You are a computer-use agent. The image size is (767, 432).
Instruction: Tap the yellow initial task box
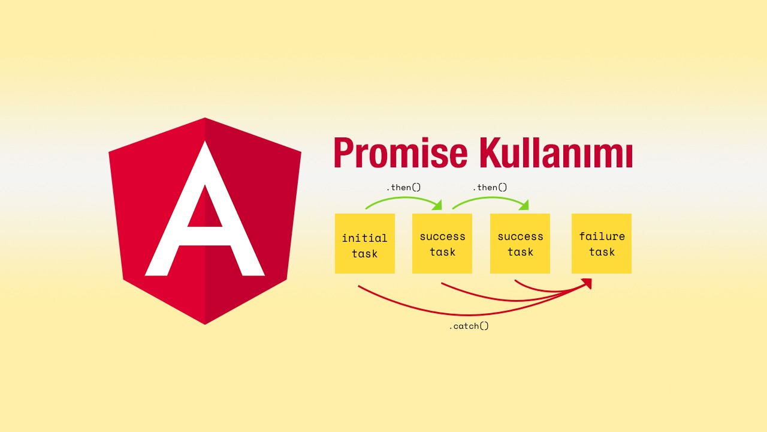tap(365, 244)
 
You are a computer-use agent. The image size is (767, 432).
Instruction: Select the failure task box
tap(602, 244)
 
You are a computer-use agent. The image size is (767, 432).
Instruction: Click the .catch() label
tap(469, 326)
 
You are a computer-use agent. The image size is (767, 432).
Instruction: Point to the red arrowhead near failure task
tap(587, 284)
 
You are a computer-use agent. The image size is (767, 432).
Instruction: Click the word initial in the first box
tap(365, 238)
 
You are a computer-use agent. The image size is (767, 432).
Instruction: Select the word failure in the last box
tap(602, 236)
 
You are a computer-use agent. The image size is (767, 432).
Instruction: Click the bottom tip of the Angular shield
tap(205, 324)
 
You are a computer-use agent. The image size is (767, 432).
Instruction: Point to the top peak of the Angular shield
tap(205, 118)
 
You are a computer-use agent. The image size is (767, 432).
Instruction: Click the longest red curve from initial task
tap(470, 314)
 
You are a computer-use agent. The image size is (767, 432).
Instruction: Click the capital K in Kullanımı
tap(491, 152)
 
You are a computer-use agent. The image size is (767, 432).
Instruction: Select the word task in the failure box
tap(602, 252)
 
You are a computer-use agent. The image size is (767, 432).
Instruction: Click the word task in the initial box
tap(365, 254)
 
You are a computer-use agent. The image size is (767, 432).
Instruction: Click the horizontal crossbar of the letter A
tap(205, 236)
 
